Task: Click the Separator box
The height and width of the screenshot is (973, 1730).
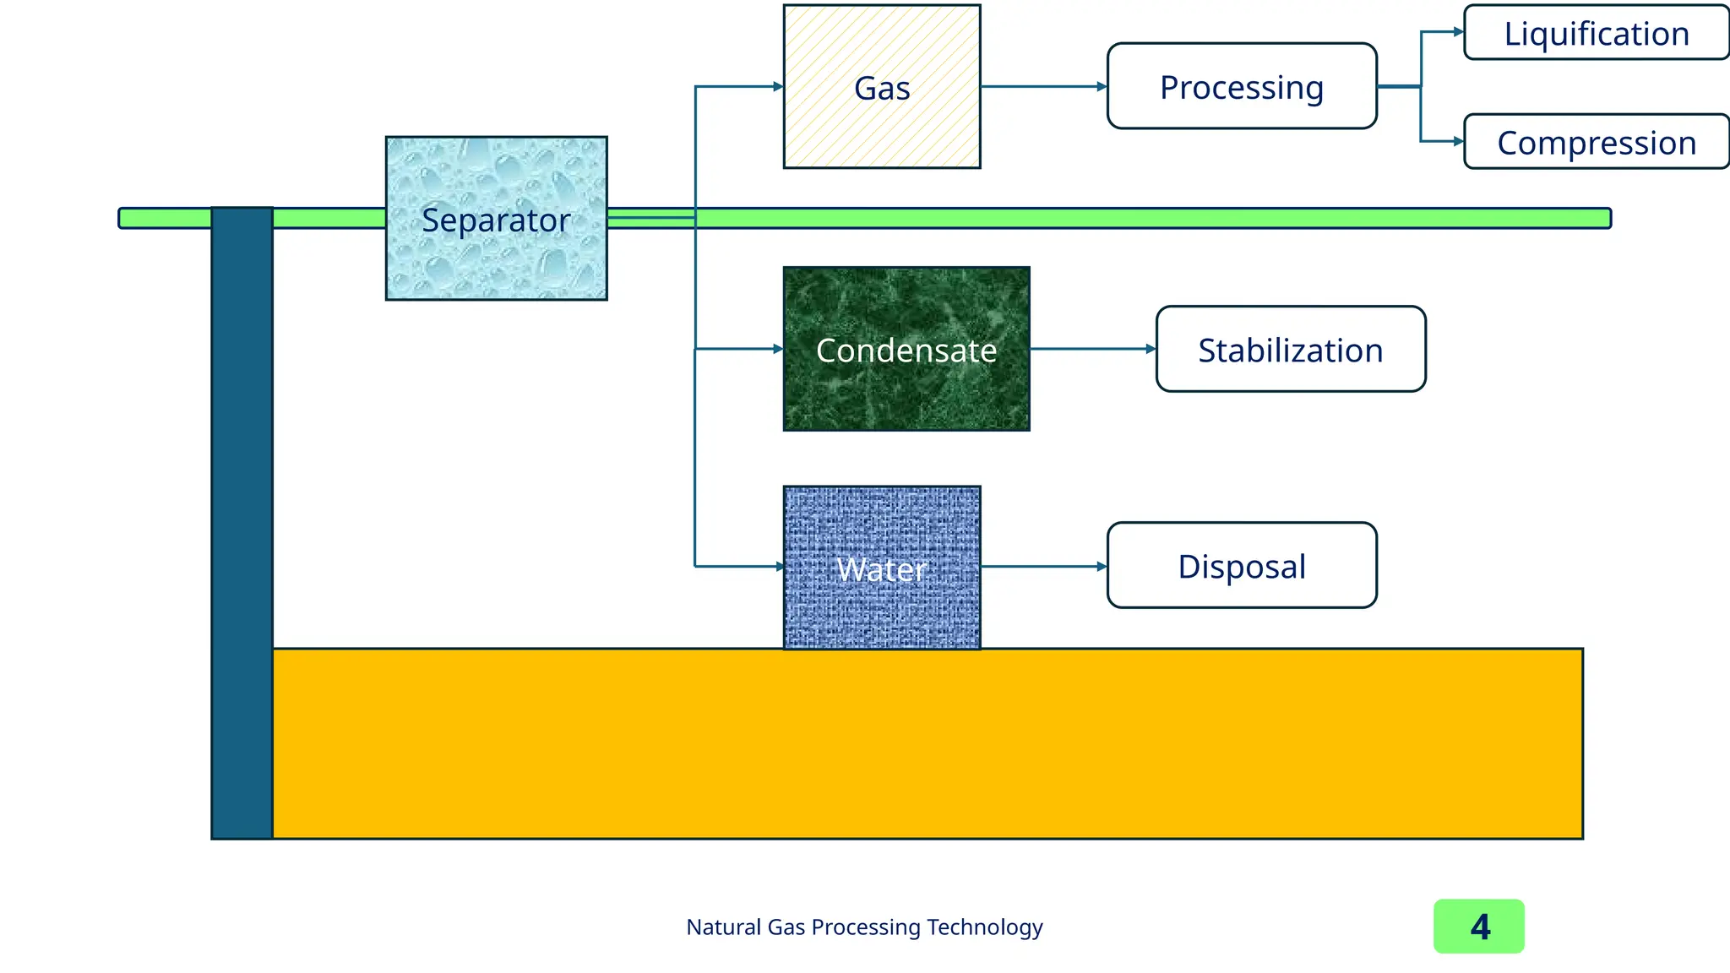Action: (x=496, y=218)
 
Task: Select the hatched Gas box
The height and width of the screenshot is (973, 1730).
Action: (x=881, y=87)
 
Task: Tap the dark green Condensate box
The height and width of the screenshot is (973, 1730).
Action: (x=906, y=349)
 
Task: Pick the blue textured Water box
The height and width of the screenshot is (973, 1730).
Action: (x=881, y=568)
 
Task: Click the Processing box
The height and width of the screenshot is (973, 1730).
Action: (x=1241, y=86)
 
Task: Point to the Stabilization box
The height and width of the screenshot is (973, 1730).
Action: (x=1290, y=349)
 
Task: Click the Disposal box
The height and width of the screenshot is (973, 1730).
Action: (x=1241, y=565)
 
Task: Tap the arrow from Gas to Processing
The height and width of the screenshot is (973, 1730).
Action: (x=1043, y=86)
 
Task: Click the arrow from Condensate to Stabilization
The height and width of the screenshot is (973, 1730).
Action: (x=1092, y=349)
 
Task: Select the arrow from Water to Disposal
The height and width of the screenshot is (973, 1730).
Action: (x=1043, y=566)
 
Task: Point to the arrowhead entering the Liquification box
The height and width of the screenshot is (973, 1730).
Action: (x=1458, y=32)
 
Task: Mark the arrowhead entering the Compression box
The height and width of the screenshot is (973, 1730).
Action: (x=1458, y=141)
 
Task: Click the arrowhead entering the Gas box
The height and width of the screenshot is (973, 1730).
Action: (x=778, y=86)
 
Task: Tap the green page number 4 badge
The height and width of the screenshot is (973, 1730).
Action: (x=1478, y=927)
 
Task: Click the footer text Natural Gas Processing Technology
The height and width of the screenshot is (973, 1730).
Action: (x=864, y=927)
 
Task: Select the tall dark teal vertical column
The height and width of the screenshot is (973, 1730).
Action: (x=242, y=524)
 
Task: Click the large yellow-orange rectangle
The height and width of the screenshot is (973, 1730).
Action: (x=927, y=743)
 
